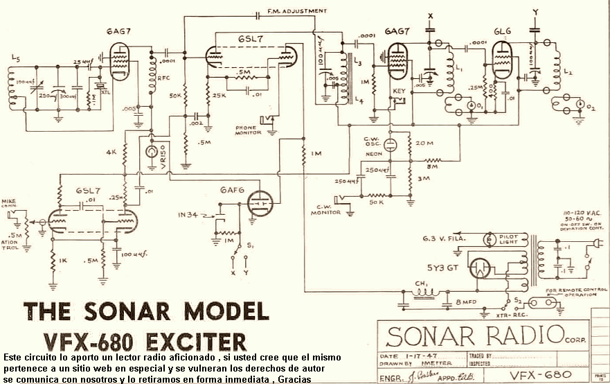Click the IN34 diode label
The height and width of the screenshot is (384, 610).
click(x=188, y=215)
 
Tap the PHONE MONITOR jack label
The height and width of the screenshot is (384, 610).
click(x=248, y=130)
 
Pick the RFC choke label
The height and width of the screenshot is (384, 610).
click(x=163, y=78)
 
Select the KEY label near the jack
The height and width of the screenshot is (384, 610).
click(x=397, y=90)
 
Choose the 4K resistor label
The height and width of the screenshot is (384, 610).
click(x=111, y=151)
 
